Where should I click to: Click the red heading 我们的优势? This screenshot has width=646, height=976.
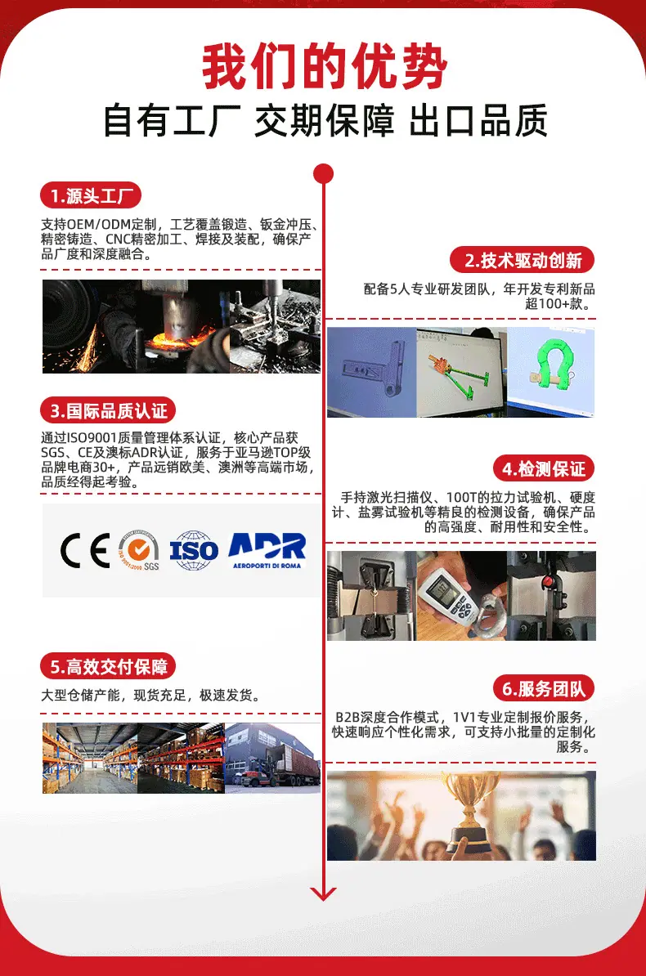pos(324,66)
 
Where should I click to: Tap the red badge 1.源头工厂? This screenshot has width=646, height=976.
pos(91,196)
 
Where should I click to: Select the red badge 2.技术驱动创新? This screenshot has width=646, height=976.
pos(522,260)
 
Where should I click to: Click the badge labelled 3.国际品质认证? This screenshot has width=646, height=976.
pos(109,411)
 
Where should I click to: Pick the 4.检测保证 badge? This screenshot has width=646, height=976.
pos(544,468)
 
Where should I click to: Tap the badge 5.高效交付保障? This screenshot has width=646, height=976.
pos(109,667)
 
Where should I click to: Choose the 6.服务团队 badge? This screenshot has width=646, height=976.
pos(544,688)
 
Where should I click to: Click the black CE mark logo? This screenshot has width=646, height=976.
pos(85,550)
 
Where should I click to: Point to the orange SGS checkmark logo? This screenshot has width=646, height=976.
pos(138,550)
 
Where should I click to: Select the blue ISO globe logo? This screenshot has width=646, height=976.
pos(194,550)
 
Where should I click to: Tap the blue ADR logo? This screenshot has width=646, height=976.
pos(267,550)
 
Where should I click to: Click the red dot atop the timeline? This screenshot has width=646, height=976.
pos(323,173)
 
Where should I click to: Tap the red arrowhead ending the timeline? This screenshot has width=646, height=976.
pos(323,893)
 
